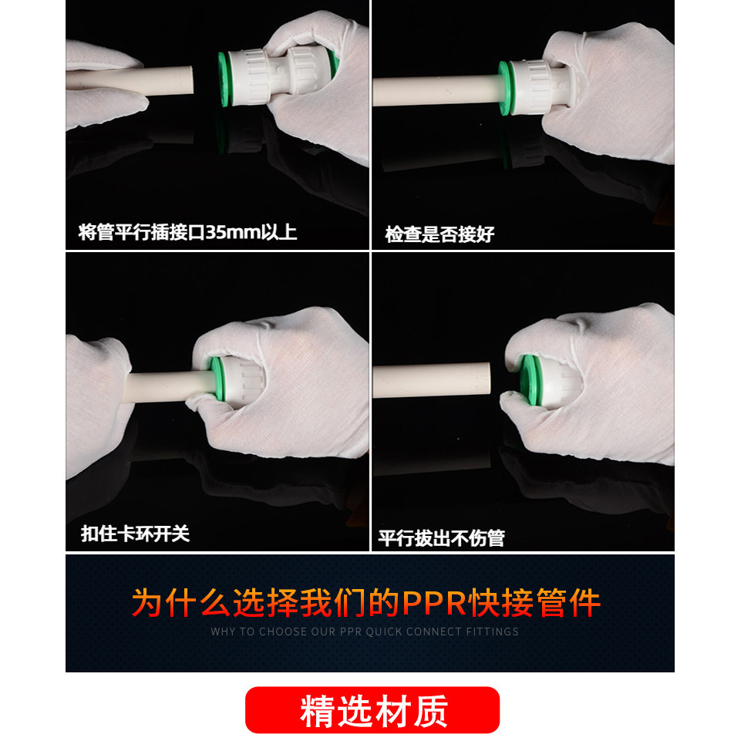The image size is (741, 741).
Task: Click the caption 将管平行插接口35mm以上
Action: click(187, 232)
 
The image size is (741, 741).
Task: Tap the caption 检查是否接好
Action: click(440, 234)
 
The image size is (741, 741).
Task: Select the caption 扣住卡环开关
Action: click(135, 534)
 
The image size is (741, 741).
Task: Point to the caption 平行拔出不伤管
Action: click(441, 537)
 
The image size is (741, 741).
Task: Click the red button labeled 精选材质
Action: click(372, 710)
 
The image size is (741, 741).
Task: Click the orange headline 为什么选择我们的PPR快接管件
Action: click(366, 603)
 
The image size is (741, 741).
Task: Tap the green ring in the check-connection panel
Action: click(505, 89)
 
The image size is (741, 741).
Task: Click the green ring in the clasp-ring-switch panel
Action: click(217, 378)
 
